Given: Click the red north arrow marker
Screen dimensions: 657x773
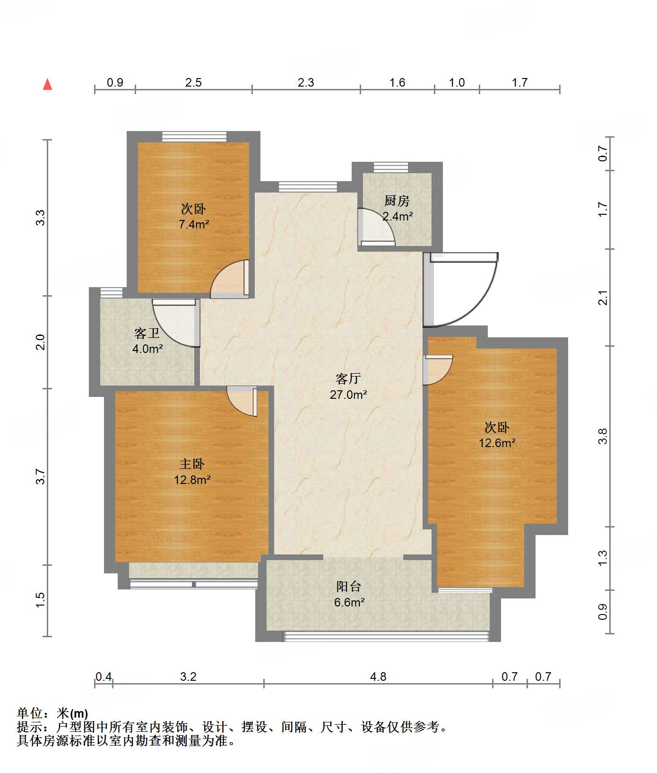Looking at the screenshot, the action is [47, 84].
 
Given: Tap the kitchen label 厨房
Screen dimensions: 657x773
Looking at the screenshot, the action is [397, 201].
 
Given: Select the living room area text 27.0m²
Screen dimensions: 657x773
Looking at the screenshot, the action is [348, 395].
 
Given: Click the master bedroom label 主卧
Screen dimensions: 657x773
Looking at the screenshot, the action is [192, 464].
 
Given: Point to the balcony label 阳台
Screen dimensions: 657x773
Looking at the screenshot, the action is [349, 587].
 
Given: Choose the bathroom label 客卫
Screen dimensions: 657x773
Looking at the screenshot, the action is [147, 334].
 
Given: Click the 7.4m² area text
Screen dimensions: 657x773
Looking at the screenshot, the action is [194, 224].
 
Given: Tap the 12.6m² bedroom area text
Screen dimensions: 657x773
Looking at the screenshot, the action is [497, 443].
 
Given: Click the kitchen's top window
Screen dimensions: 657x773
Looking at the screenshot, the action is [390, 167].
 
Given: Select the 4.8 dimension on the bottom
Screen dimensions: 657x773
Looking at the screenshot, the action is [378, 676].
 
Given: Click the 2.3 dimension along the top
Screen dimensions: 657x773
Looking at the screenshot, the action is [306, 82].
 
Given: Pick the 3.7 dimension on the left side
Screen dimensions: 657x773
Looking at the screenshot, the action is [41, 476].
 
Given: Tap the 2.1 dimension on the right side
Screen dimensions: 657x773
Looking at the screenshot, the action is [603, 298].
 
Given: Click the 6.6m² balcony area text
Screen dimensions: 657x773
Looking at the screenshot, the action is [349, 602].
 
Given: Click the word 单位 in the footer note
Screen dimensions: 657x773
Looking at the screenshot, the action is [30, 713].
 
